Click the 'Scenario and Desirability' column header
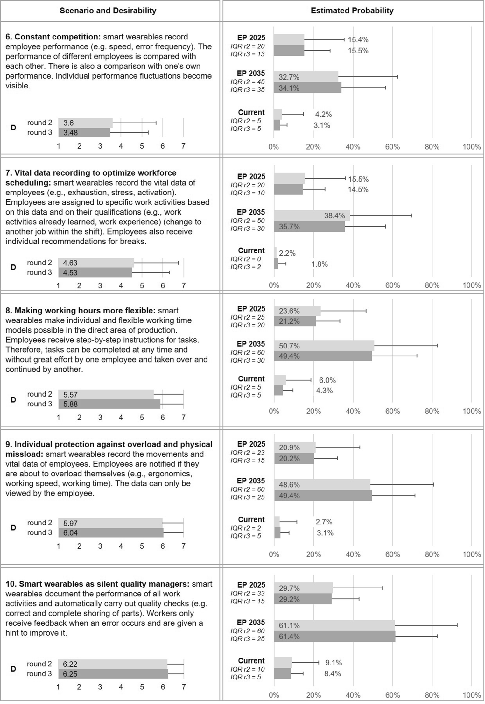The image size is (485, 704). click(108, 11)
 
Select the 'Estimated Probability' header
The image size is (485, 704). click(352, 11)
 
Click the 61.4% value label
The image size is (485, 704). click(289, 636)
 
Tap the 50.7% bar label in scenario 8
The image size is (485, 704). click(289, 346)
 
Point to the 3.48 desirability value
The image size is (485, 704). click(70, 133)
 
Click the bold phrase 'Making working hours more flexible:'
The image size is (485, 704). click(85, 311)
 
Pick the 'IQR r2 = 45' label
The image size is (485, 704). click(248, 82)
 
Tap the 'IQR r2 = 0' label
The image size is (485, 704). click(246, 259)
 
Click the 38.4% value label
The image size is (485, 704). click(334, 215)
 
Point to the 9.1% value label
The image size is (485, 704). click(333, 663)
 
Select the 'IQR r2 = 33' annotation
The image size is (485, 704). click(248, 593)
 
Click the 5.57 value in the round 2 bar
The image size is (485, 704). click(70, 395)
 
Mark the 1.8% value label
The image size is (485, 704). click(319, 264)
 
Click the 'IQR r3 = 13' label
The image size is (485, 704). click(248, 54)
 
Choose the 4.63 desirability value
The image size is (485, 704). click(70, 263)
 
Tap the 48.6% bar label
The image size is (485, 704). click(289, 485)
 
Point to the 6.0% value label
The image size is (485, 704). click(327, 380)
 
